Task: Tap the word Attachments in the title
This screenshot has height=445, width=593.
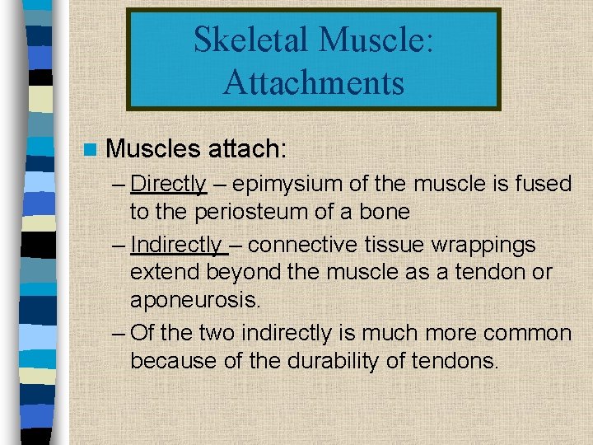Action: pyautogui.click(x=313, y=82)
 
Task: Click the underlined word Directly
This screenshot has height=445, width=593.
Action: pyautogui.click(x=168, y=183)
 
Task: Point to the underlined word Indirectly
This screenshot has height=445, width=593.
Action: pyautogui.click(x=175, y=245)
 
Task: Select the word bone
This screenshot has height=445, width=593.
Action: pyautogui.click(x=382, y=212)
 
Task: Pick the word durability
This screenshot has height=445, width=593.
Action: pyautogui.click(x=325, y=361)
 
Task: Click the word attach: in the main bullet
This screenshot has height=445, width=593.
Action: pyautogui.click(x=246, y=148)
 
